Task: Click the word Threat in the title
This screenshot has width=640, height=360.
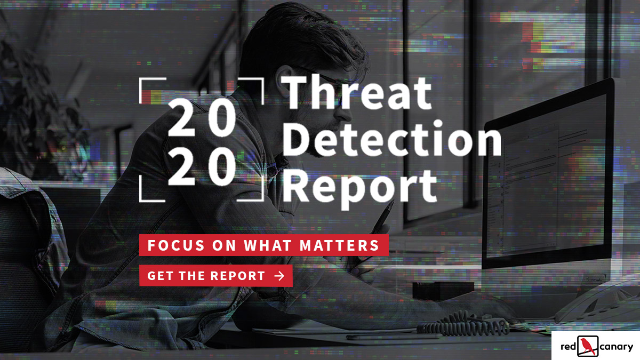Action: [357, 92]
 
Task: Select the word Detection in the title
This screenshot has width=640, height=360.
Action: [392, 138]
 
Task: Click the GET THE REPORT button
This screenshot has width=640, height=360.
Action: [216, 276]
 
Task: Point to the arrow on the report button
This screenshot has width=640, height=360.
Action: [279, 276]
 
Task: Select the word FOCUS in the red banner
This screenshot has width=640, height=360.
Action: [176, 245]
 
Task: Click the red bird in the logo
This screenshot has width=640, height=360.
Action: [587, 346]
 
